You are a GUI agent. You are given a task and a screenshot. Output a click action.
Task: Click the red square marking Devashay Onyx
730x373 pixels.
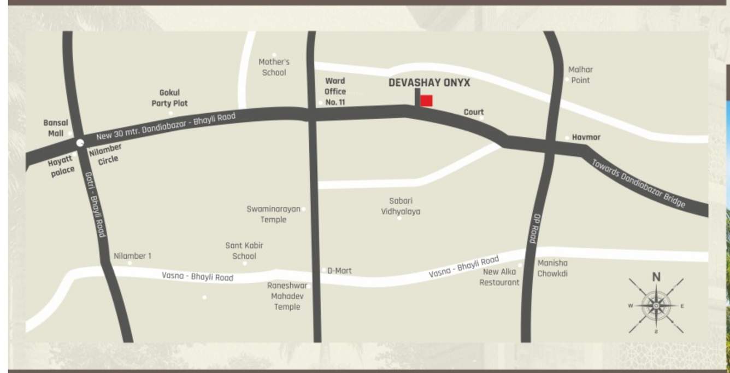point(426,101)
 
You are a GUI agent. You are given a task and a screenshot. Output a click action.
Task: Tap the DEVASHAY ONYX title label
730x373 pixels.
point(429,83)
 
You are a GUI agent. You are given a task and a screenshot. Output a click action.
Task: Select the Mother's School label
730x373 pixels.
point(274,67)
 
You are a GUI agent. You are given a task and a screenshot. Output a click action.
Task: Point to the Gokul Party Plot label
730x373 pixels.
point(169,98)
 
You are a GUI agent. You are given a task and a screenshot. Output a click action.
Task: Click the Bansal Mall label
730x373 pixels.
point(56,128)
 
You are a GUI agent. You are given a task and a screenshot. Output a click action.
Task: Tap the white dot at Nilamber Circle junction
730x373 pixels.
point(80,143)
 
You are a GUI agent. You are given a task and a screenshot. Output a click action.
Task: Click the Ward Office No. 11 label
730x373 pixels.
point(335,91)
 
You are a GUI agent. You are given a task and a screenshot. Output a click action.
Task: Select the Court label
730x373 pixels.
point(473,112)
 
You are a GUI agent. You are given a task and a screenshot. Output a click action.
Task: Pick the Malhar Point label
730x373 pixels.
point(580,75)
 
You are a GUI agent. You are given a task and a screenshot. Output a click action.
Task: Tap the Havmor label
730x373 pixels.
point(586,137)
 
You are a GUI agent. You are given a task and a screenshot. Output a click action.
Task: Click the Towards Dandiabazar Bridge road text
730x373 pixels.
point(638,184)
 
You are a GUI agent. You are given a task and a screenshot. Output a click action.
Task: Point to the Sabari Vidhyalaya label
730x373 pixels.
point(401,206)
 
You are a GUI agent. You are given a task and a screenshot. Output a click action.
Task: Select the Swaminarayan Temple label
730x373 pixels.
point(273,214)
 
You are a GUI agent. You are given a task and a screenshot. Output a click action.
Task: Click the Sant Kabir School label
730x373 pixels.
point(244,251)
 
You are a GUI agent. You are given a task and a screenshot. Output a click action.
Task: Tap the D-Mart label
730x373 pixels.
point(339,271)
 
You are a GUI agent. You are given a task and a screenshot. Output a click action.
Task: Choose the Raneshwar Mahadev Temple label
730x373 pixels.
point(287,296)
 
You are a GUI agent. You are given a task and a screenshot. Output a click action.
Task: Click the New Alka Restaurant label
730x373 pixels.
point(499,277)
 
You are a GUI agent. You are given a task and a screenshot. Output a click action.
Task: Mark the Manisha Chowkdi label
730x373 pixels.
point(552,268)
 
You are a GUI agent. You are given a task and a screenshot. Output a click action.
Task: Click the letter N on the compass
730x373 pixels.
point(656,277)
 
